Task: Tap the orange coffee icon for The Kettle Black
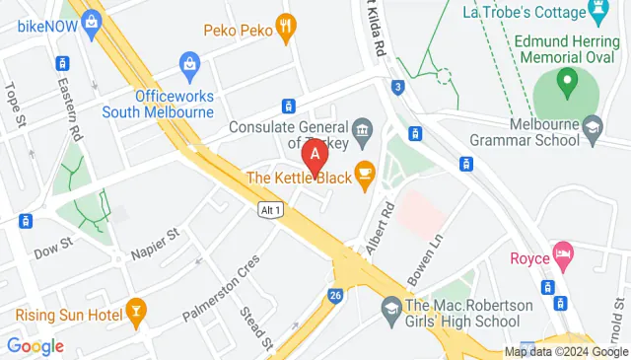click(x=365, y=178)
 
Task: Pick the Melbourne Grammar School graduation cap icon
click(x=592, y=126)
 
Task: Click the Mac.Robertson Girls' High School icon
click(x=392, y=310)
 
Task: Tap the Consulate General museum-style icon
click(x=362, y=127)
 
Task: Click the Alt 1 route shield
click(x=271, y=209)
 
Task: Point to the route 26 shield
click(x=335, y=295)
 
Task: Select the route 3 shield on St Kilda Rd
click(x=396, y=87)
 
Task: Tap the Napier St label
click(x=159, y=244)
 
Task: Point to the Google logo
click(x=35, y=346)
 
